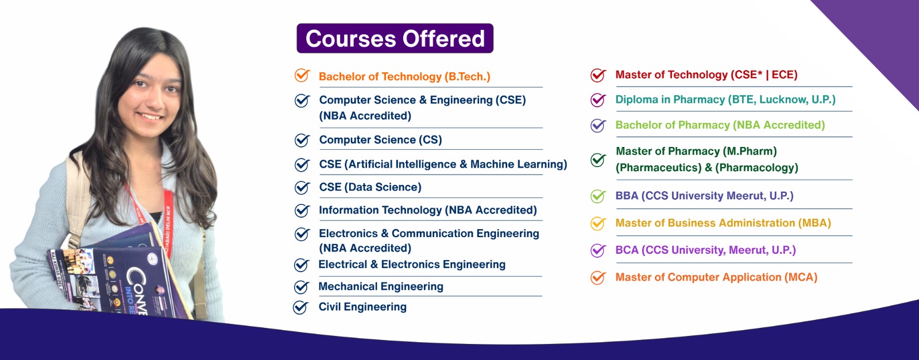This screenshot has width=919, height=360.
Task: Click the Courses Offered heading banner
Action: pyautogui.click(x=395, y=38)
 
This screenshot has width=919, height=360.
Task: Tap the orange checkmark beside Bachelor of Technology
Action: pyautogui.click(x=302, y=75)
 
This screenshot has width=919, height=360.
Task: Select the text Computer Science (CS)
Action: pyautogui.click(x=380, y=140)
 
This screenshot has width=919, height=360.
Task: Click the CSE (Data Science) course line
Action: pyautogui.click(x=370, y=187)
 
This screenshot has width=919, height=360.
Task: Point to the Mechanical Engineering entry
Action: pyautogui.click(x=380, y=286)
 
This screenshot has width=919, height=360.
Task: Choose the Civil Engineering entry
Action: pyautogui.click(x=362, y=307)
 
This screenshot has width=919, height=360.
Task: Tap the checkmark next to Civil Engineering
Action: pyautogui.click(x=300, y=308)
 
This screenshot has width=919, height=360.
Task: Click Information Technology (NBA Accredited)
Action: pyautogui.click(x=427, y=210)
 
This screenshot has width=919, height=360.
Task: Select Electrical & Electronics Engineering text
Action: pyautogui.click(x=412, y=264)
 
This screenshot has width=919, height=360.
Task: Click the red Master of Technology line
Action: pyautogui.click(x=706, y=75)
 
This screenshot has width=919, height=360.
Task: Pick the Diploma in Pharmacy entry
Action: pyautogui.click(x=725, y=99)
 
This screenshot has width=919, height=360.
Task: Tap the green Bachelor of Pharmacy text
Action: pyautogui.click(x=720, y=125)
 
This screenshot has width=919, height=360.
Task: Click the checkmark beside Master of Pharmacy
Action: pyautogui.click(x=598, y=160)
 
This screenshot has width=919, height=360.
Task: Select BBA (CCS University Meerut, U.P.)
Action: pyautogui.click(x=704, y=196)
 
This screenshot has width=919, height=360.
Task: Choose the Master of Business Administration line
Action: pyautogui.click(x=723, y=223)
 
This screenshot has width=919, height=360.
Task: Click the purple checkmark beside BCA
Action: pyautogui.click(x=598, y=250)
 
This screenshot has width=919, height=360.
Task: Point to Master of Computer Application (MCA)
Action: pyautogui.click(x=716, y=277)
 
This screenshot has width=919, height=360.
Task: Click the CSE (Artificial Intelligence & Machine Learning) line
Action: pyautogui.click(x=443, y=164)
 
